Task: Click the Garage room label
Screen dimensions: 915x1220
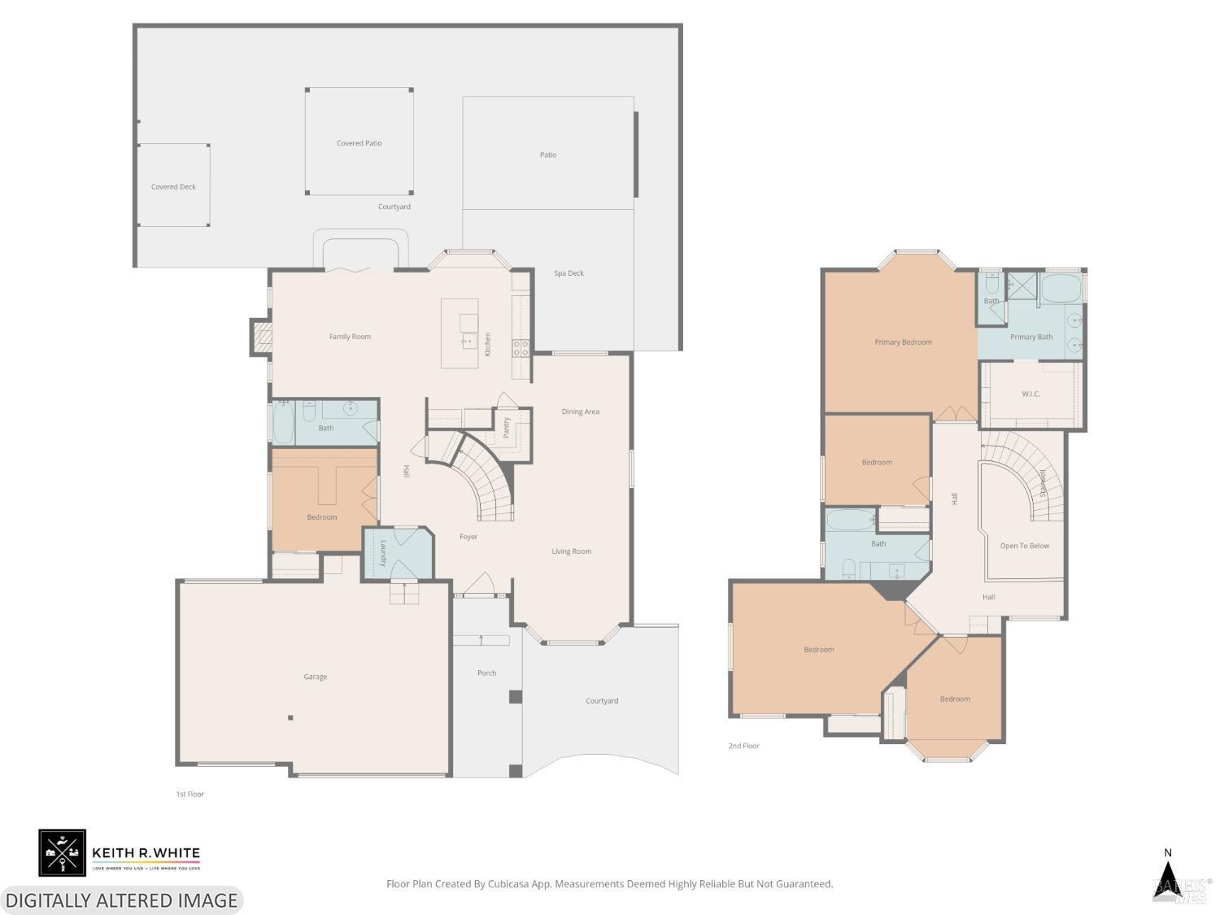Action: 316,677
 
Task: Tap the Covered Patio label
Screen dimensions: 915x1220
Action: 359,143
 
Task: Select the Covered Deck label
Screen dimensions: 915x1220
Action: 173,187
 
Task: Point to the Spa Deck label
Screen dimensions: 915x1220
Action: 569,273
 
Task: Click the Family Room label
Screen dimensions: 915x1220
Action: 350,337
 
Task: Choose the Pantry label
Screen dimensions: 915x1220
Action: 507,428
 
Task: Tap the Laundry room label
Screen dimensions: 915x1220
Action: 383,553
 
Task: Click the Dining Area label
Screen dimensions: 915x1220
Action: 580,412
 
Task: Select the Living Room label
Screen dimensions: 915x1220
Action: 571,551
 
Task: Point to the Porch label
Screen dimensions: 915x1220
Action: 486,673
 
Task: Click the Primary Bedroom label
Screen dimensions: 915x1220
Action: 903,342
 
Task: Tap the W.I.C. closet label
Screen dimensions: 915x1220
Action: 1030,394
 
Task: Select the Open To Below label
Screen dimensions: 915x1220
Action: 1024,546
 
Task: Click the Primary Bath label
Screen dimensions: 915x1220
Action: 1031,337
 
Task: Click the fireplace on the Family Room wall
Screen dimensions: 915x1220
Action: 262,338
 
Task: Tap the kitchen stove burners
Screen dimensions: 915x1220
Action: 521,349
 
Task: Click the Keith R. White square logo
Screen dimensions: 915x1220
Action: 62,852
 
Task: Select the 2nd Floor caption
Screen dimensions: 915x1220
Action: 743,746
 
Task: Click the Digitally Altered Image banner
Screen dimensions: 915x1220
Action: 121,900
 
